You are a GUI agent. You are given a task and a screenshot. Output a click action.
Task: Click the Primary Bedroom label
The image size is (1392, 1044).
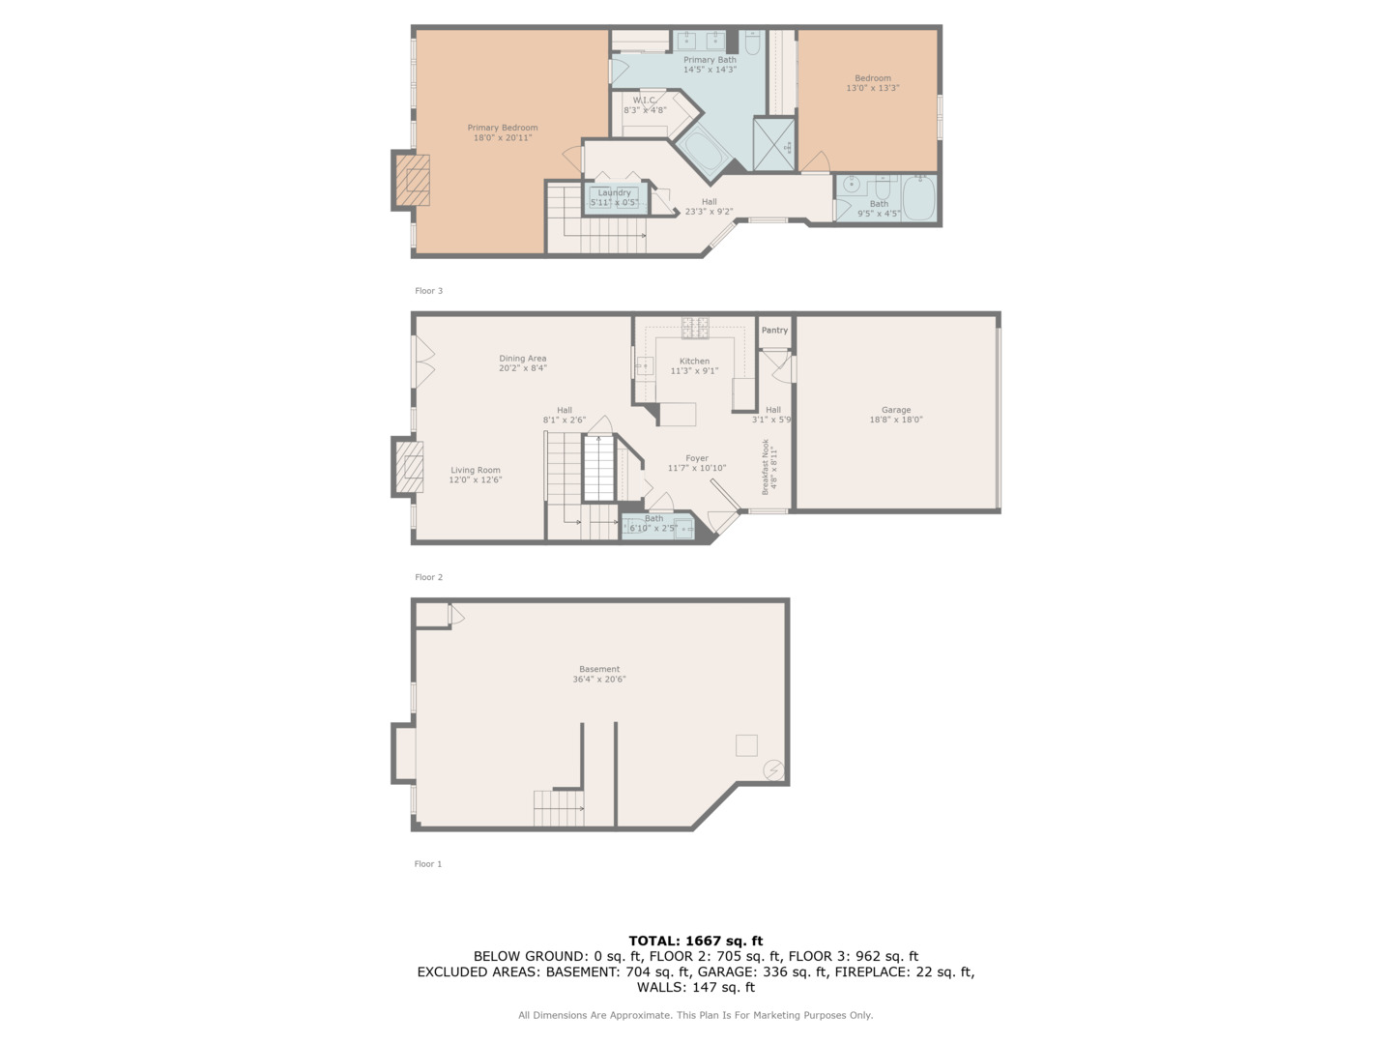click(x=502, y=128)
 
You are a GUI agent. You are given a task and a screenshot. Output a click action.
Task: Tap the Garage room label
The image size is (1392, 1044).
click(x=895, y=410)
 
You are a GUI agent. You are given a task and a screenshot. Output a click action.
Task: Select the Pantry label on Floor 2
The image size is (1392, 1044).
click(x=774, y=331)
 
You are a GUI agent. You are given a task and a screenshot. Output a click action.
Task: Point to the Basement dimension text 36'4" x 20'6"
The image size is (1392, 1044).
click(x=599, y=680)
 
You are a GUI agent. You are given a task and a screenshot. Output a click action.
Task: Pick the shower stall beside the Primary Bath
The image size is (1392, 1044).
click(x=773, y=144)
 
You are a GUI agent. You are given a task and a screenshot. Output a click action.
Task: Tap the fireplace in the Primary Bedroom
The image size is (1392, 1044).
click(x=414, y=181)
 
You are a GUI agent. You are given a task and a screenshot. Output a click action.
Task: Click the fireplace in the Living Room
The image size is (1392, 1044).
click(x=410, y=467)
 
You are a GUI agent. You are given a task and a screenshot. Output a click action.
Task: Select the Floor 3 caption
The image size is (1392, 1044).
click(x=428, y=291)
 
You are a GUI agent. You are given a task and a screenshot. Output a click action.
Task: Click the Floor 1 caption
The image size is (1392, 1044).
click(x=427, y=864)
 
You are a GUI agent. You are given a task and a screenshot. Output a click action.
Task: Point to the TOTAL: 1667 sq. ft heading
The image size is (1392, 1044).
click(x=695, y=941)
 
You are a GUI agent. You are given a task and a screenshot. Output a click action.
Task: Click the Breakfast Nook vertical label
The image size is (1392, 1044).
click(x=769, y=467)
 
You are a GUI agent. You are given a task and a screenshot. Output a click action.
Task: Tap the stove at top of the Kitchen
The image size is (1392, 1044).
click(x=695, y=329)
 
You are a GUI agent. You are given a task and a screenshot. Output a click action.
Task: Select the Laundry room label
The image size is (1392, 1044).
click(x=614, y=192)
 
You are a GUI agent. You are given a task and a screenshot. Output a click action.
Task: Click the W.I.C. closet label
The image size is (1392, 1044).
click(x=645, y=101)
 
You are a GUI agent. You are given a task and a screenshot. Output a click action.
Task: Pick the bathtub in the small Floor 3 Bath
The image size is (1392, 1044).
click(x=918, y=197)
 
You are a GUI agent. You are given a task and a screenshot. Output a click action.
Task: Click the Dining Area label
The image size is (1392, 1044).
click(x=523, y=359)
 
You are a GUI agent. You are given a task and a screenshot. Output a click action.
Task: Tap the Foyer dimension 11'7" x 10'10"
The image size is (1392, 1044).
click(x=696, y=468)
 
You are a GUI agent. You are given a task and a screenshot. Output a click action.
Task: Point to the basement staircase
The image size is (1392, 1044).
click(x=559, y=808)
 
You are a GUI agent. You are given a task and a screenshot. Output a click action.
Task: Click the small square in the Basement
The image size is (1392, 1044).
click(x=746, y=744)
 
